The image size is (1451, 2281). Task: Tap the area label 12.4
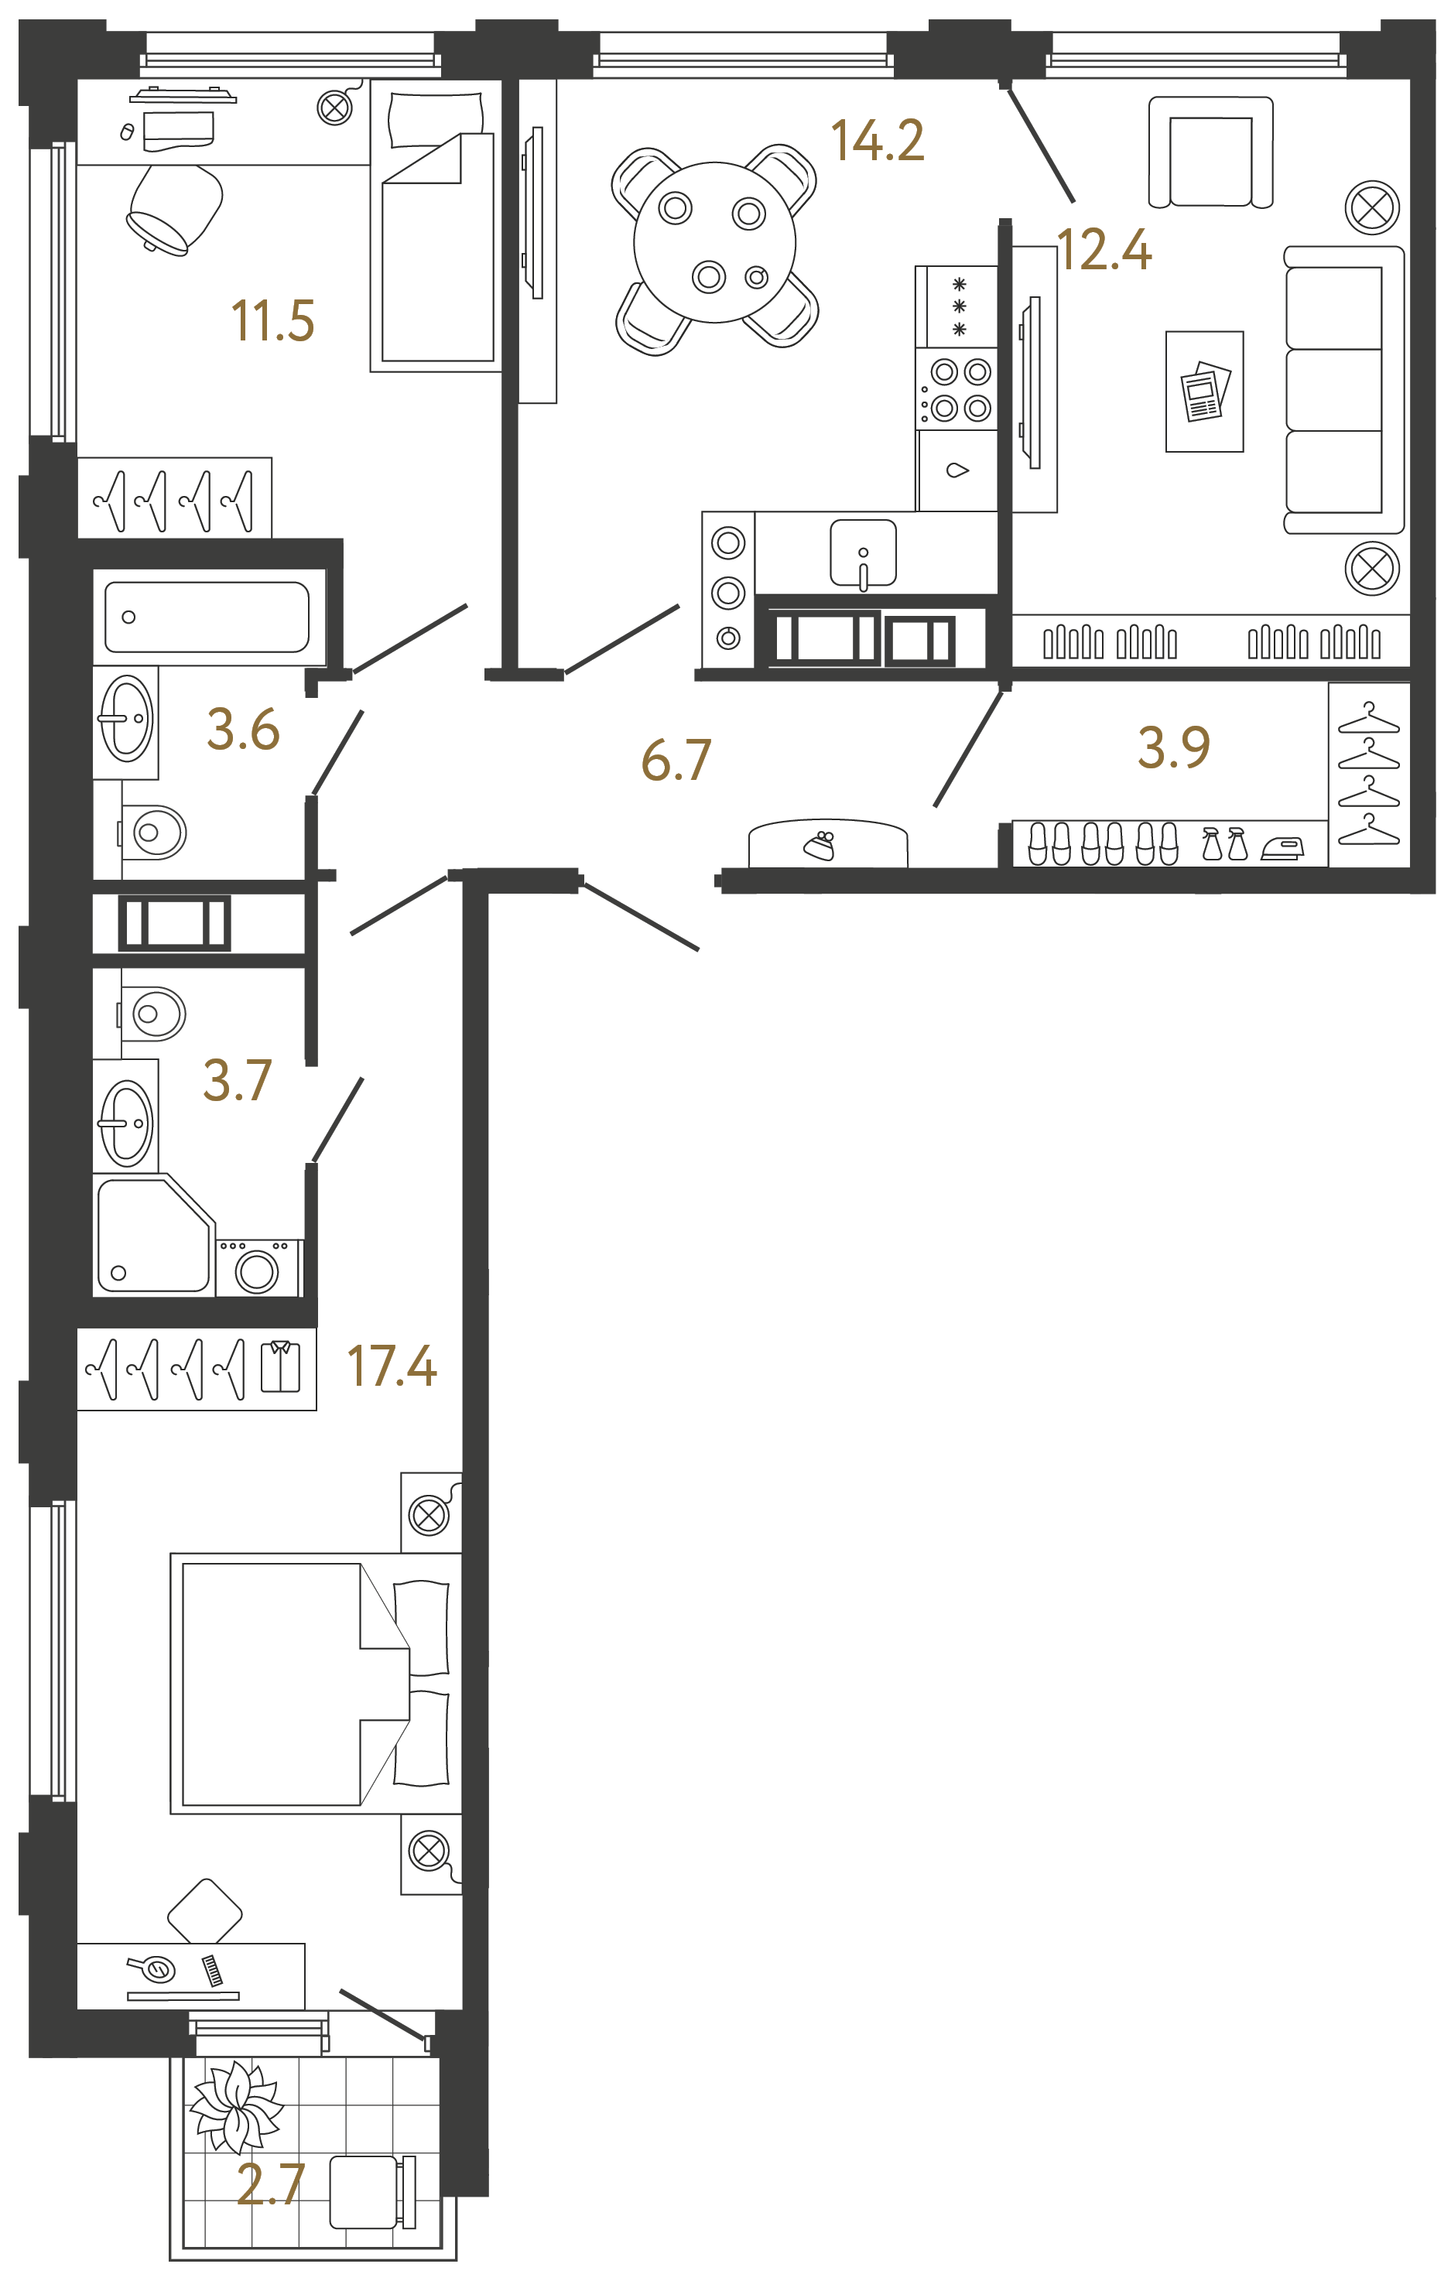point(1104,251)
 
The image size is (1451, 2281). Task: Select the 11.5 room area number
point(272,321)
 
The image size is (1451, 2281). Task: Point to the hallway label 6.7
point(676,761)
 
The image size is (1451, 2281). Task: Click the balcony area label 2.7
point(270,2184)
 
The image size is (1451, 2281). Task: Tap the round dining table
point(714,242)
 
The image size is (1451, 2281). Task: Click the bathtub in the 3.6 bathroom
point(207,617)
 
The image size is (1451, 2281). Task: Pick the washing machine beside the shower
point(258,1267)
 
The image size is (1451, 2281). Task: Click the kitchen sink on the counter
point(862,554)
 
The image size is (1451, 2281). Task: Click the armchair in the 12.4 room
point(1210,152)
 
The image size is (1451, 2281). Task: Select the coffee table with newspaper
point(1204,392)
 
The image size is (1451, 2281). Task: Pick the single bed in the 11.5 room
point(436,227)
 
